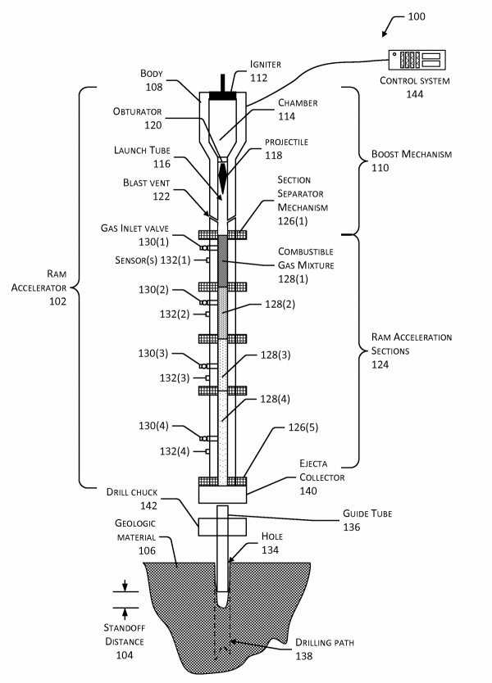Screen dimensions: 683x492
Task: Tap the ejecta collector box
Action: tap(222, 494)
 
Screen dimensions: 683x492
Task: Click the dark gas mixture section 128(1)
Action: tap(222, 261)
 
